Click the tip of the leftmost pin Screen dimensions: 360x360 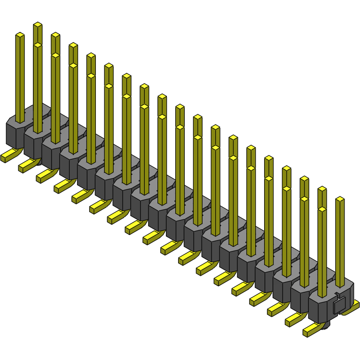[20, 35]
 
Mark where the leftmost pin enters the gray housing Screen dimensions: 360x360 [20, 121]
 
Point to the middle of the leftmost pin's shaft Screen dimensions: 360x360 [20, 78]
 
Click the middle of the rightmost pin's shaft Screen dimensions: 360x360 [340, 242]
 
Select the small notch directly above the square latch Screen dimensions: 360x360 [337, 296]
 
